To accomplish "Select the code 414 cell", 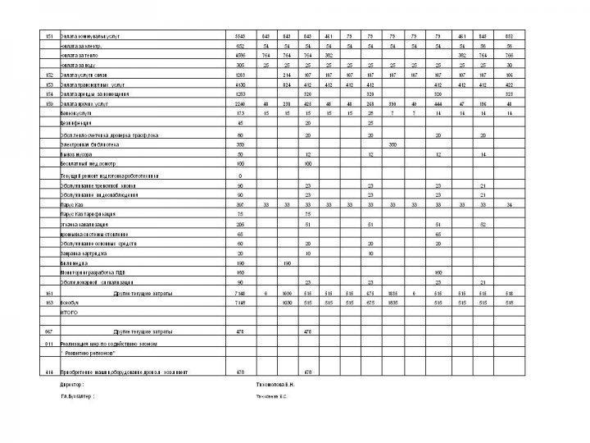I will [x=50, y=372].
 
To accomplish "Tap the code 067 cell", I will [x=50, y=331].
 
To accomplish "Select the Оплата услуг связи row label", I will [x=85, y=74].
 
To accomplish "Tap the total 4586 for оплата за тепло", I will [x=240, y=54].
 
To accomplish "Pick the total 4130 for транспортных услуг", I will [x=240, y=84].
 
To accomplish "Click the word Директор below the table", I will [x=72, y=384].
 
